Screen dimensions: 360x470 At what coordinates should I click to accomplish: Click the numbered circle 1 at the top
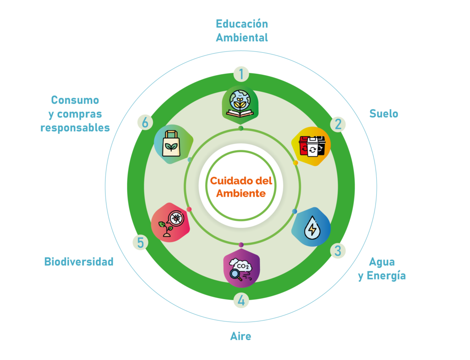(x=241, y=73)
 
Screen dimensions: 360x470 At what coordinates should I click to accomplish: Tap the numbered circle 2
(x=338, y=124)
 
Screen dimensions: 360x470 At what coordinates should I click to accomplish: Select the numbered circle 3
(x=338, y=250)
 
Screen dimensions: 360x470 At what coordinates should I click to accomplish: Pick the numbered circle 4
(x=241, y=301)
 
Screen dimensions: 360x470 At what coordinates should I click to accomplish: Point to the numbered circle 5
(x=140, y=242)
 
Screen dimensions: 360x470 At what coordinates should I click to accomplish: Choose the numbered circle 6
(x=145, y=122)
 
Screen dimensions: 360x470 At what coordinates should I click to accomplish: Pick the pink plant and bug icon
(x=170, y=222)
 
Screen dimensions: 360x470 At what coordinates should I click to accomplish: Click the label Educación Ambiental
(x=242, y=31)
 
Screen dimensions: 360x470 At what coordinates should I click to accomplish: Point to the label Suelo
(x=384, y=114)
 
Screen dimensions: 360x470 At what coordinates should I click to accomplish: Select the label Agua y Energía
(x=382, y=269)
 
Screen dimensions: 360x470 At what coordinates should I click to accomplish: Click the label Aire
(x=241, y=337)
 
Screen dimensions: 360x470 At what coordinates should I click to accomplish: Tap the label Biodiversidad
(x=79, y=262)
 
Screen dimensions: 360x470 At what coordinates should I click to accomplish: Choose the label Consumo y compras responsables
(x=75, y=114)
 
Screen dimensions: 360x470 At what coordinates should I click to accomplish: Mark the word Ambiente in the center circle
(x=241, y=194)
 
